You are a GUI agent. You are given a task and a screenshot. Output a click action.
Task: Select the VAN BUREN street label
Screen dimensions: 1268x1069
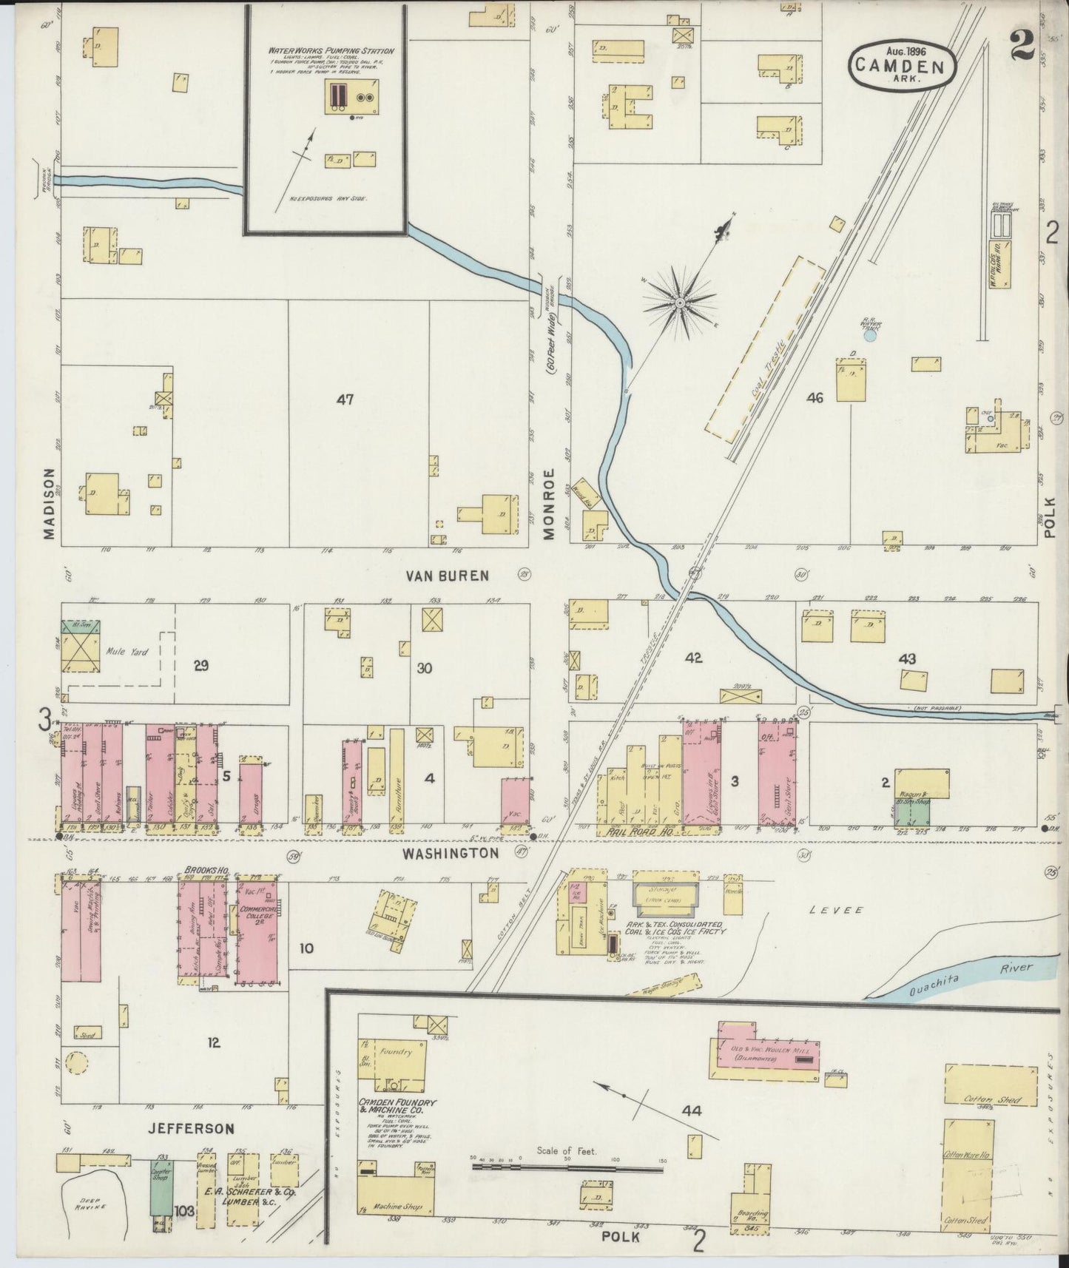point(447,575)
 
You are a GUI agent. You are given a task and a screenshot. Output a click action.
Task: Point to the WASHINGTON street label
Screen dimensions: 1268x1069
point(451,853)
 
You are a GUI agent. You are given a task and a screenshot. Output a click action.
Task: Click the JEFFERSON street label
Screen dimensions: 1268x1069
point(190,1129)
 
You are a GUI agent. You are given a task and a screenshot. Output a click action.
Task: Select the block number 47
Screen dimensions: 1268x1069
point(345,399)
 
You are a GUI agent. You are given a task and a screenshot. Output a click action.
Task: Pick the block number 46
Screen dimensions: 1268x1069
point(815,398)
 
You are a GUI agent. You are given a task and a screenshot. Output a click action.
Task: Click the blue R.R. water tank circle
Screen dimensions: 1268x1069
point(870,335)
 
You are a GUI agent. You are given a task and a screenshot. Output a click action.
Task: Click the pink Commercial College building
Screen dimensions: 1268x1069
point(256,930)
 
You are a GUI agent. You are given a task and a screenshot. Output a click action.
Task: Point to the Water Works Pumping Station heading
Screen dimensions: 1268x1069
point(331,51)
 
